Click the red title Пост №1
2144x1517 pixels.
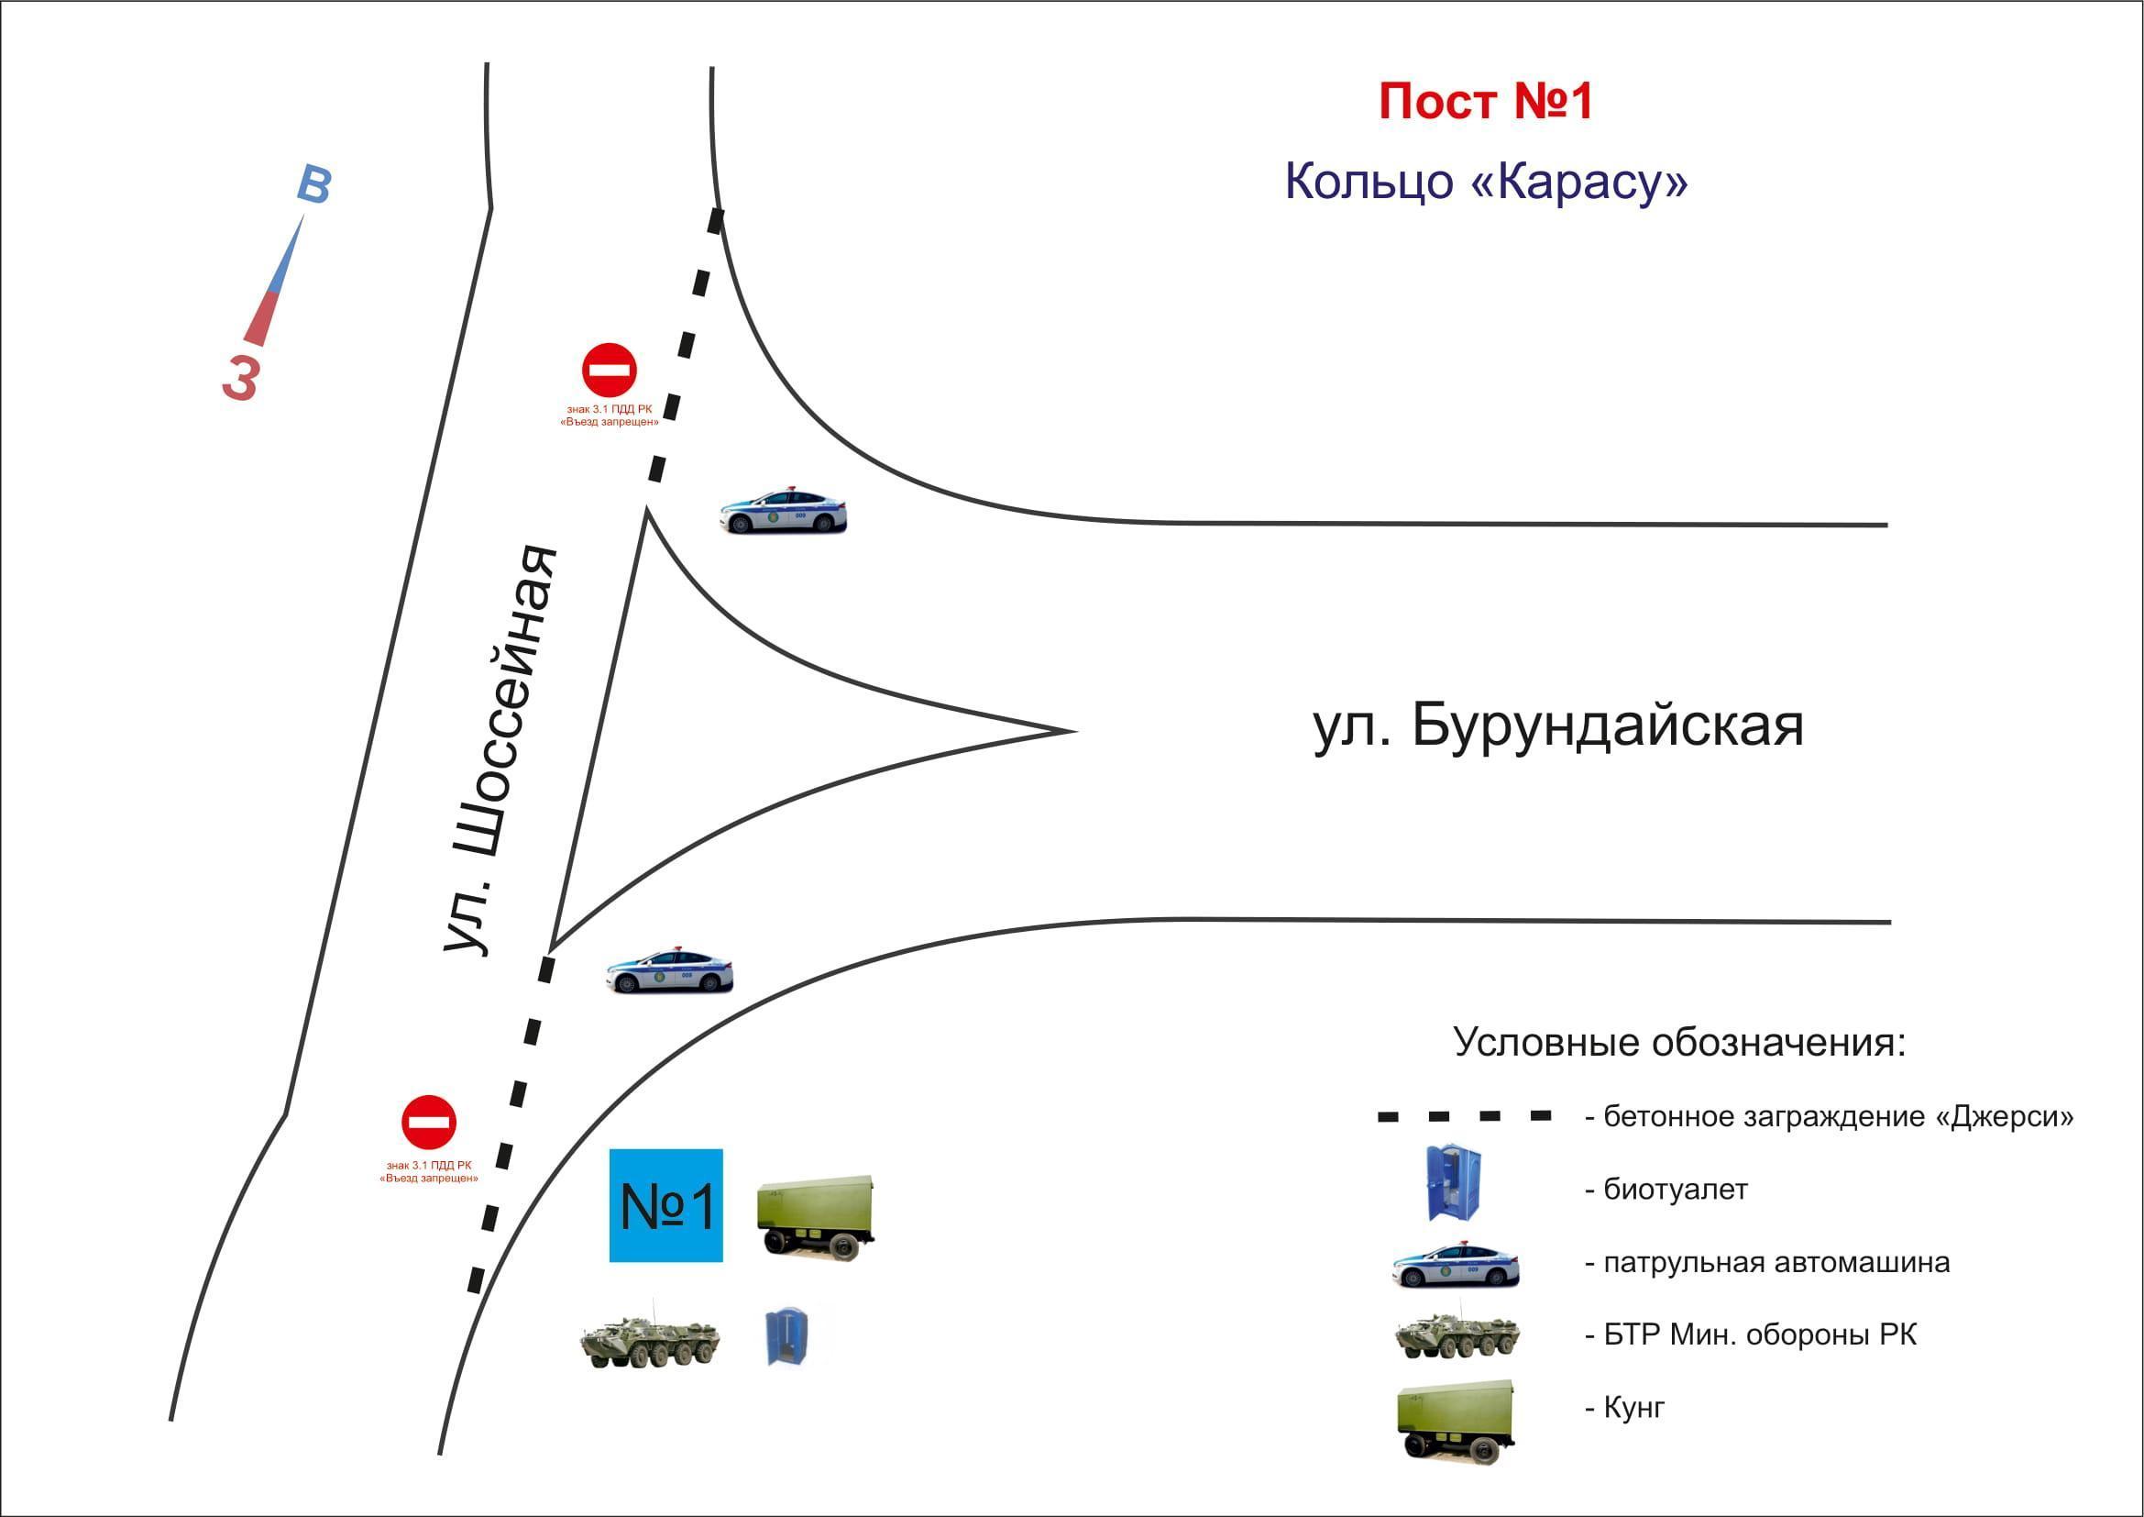1485,102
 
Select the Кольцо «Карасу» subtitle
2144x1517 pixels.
1486,181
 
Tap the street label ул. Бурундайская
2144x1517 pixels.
1558,725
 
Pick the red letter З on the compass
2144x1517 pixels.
241,378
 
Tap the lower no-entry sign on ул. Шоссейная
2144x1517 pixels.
429,1122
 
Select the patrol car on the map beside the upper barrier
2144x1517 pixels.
783,511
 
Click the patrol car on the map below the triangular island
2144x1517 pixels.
669,971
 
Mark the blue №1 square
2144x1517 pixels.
665,1205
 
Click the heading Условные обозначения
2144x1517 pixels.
1679,1042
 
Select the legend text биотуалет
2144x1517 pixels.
1676,1190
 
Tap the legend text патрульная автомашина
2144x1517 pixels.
1776,1262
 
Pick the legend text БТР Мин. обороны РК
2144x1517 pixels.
1759,1334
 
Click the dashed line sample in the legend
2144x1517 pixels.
1464,1116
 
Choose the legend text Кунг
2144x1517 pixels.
1633,1408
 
